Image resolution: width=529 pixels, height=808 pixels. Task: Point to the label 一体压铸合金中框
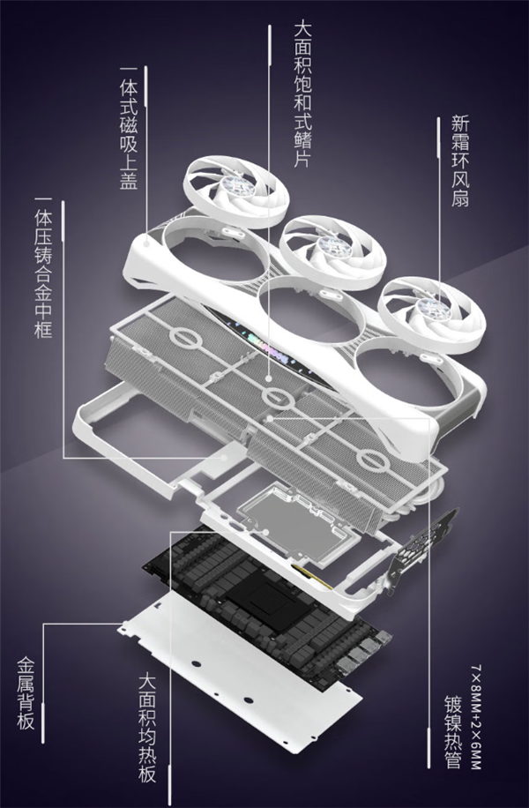pyautogui.click(x=42, y=273)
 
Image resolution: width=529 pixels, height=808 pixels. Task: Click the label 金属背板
pyautogui.click(x=26, y=692)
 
